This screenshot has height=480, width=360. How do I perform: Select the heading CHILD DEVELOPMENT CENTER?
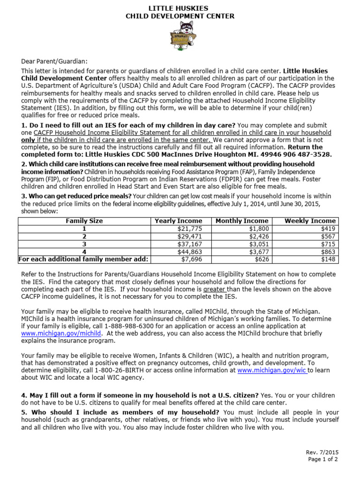[x=180, y=16]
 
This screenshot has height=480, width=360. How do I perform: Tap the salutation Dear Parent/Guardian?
[x=54, y=61]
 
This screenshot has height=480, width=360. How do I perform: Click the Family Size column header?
[x=84, y=221]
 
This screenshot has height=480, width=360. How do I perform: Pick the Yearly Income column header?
[x=179, y=221]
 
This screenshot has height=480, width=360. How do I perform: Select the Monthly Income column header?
[x=242, y=221]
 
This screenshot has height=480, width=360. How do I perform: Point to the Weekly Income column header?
[x=310, y=221]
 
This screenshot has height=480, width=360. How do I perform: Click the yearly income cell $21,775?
[x=189, y=229]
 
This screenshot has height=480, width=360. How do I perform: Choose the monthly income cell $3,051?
[x=258, y=244]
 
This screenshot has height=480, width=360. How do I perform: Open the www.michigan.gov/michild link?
[x=61, y=333]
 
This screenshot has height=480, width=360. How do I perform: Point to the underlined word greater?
[x=214, y=290]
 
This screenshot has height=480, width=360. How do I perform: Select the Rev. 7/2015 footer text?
[x=322, y=452]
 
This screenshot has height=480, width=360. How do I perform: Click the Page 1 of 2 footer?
[x=322, y=459]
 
